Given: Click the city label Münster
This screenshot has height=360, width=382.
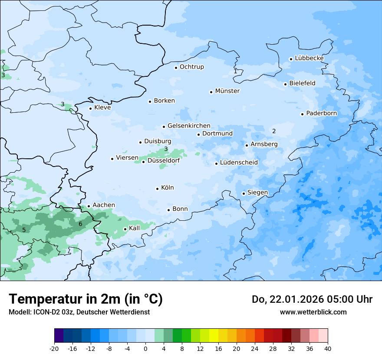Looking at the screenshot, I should click(227, 91).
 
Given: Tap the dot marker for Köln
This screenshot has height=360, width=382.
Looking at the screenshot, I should click(157, 189).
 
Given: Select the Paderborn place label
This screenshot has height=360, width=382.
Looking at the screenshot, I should click(321, 114).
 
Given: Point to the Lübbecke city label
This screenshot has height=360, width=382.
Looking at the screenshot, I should click(309, 58).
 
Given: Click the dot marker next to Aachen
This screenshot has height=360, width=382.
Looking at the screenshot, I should click(89, 206).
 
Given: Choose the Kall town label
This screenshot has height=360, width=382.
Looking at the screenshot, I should click(135, 228).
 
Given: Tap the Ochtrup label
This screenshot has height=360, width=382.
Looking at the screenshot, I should click(191, 67).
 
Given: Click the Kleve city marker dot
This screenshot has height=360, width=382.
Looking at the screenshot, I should click(90, 108).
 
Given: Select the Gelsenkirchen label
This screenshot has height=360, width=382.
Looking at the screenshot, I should click(189, 126).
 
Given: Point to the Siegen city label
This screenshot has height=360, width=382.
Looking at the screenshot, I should click(257, 193).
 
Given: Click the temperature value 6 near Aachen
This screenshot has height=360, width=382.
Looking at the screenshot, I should click(80, 224).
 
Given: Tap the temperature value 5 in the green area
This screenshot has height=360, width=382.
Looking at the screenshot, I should click(24, 230).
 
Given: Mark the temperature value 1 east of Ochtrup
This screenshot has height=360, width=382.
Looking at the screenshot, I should click(235, 71).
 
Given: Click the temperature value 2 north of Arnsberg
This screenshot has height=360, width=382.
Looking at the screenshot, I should click(274, 131).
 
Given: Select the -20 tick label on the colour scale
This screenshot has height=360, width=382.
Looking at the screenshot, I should click(54, 349).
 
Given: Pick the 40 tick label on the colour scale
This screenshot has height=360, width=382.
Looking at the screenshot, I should click(327, 349).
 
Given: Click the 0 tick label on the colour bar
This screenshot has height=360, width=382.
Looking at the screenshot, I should click(145, 349).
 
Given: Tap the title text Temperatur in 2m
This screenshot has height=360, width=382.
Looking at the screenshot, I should click(86, 299).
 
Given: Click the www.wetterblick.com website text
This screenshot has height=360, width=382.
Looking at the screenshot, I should click(313, 312).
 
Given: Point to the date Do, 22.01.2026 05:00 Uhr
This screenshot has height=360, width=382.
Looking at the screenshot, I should click(312, 299).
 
